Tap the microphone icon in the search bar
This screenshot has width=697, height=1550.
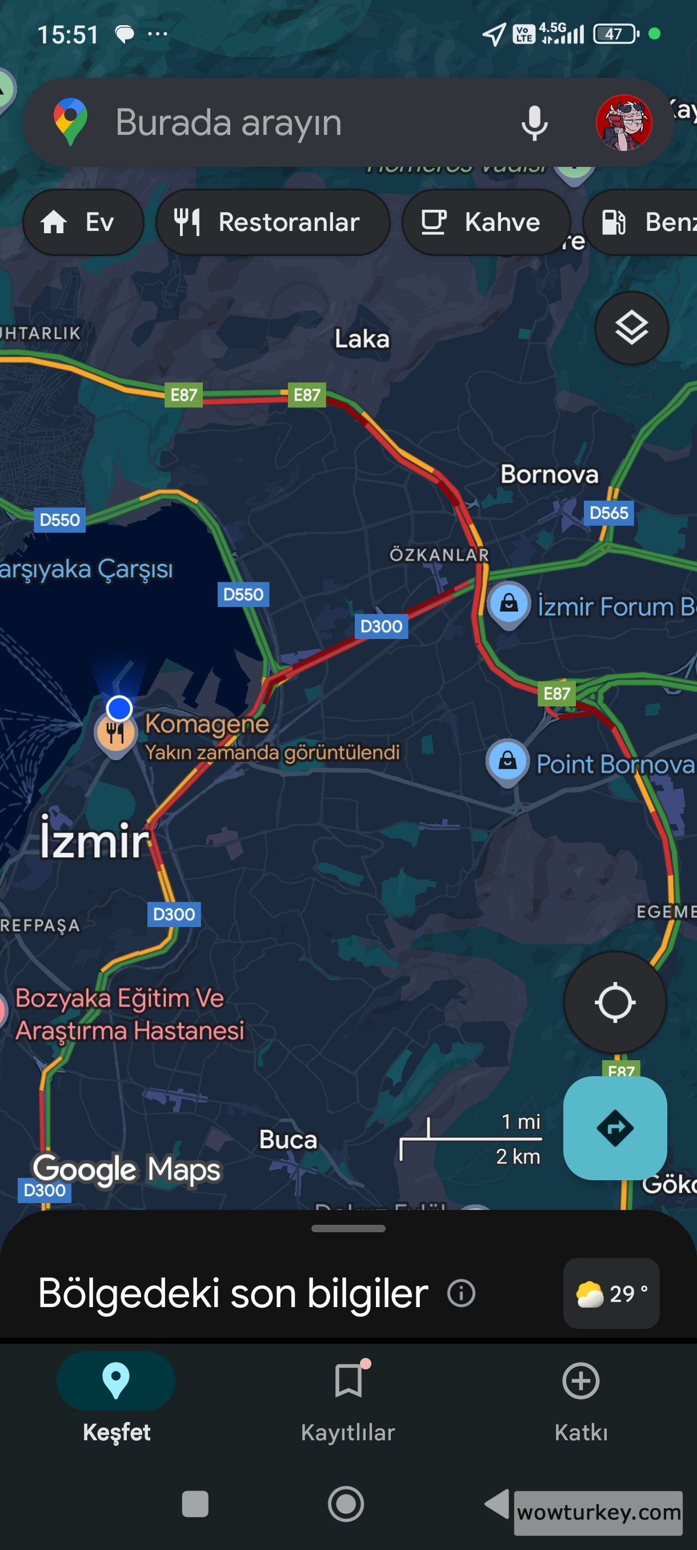534,123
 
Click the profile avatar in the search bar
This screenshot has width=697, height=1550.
624,122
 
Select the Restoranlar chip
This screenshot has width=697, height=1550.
273,222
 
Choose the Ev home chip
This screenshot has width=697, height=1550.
83,222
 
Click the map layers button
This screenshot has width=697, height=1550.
631,328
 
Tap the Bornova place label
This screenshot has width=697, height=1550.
549,474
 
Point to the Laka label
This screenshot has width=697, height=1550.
362,339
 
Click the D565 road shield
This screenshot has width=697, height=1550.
608,513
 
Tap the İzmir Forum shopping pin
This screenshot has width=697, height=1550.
509,603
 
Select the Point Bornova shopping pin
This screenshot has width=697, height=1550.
507,761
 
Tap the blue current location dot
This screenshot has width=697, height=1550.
119,708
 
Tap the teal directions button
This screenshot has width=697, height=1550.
615,1128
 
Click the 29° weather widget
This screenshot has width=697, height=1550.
611,1293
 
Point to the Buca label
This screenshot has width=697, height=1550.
287,1140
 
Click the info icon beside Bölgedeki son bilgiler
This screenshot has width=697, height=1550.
461,1293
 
